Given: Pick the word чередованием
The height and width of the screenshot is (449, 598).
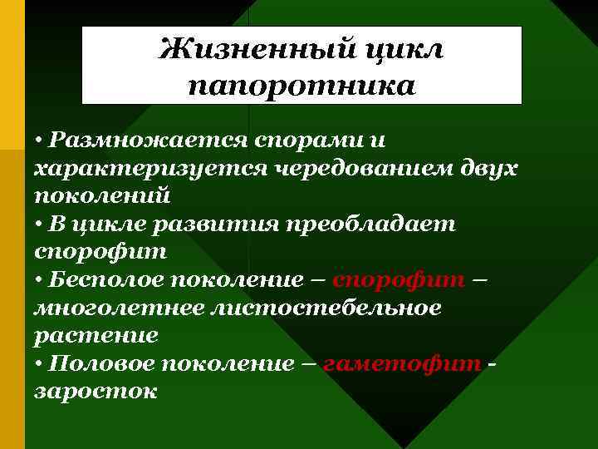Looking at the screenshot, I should point(355,169).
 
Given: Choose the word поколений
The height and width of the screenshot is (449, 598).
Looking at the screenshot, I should point(101,196).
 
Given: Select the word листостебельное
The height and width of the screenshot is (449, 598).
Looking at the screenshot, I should point(328,308).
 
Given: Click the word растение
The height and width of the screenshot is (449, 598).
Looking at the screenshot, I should point(96,335).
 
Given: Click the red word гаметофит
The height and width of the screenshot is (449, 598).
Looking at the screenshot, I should point(402,363).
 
